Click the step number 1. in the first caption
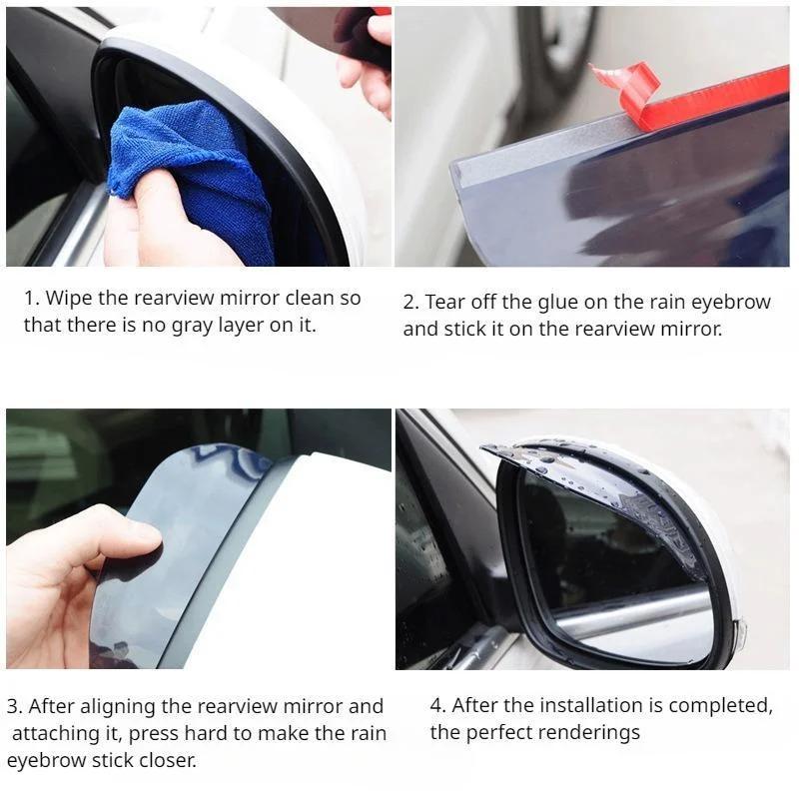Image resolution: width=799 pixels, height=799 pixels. coord(32,298)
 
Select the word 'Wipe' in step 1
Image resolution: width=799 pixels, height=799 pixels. coord(68,298)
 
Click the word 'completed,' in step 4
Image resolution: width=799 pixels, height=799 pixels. coord(721,706)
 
